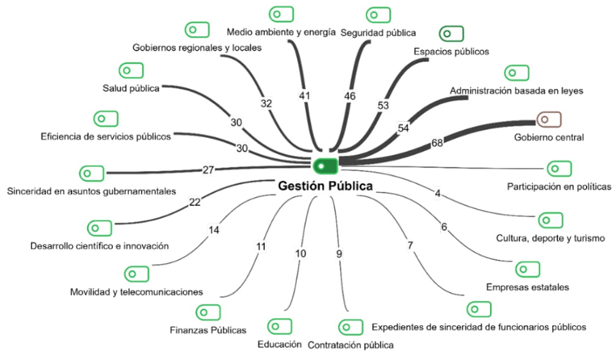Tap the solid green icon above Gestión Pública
click(325, 165)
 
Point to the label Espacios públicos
click(451, 52)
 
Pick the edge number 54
click(404, 128)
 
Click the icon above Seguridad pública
click(378, 15)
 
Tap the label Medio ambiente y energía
click(280, 32)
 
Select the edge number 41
click(304, 95)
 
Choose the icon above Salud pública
click(130, 70)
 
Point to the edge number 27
click(208, 170)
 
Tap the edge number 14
click(214, 230)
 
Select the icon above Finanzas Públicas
click(207, 312)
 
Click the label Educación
click(279, 345)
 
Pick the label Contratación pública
click(350, 345)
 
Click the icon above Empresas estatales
click(527, 269)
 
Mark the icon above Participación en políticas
click(559, 169)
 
